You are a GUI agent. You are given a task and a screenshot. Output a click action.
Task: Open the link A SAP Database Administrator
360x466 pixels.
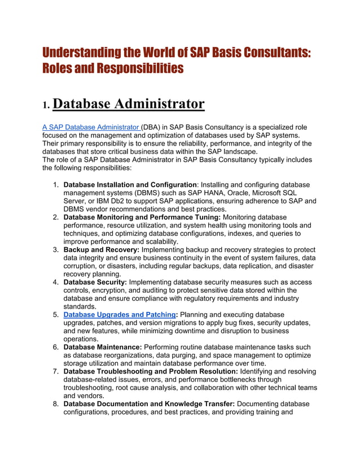[x=90, y=128]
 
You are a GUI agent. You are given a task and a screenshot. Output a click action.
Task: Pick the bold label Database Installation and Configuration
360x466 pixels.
[x=130, y=185]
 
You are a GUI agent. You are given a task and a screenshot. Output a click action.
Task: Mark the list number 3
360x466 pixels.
[x=56, y=249]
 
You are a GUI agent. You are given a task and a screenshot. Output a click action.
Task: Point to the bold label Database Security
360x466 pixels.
[x=95, y=282]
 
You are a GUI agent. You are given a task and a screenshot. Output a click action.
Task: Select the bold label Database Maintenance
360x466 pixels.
[x=103, y=347]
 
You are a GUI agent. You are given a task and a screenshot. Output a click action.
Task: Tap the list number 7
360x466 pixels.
[x=56, y=372]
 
